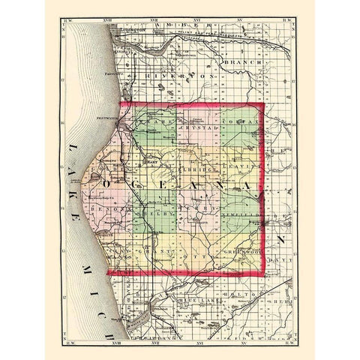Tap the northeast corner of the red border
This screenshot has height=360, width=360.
(x=263, y=103)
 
